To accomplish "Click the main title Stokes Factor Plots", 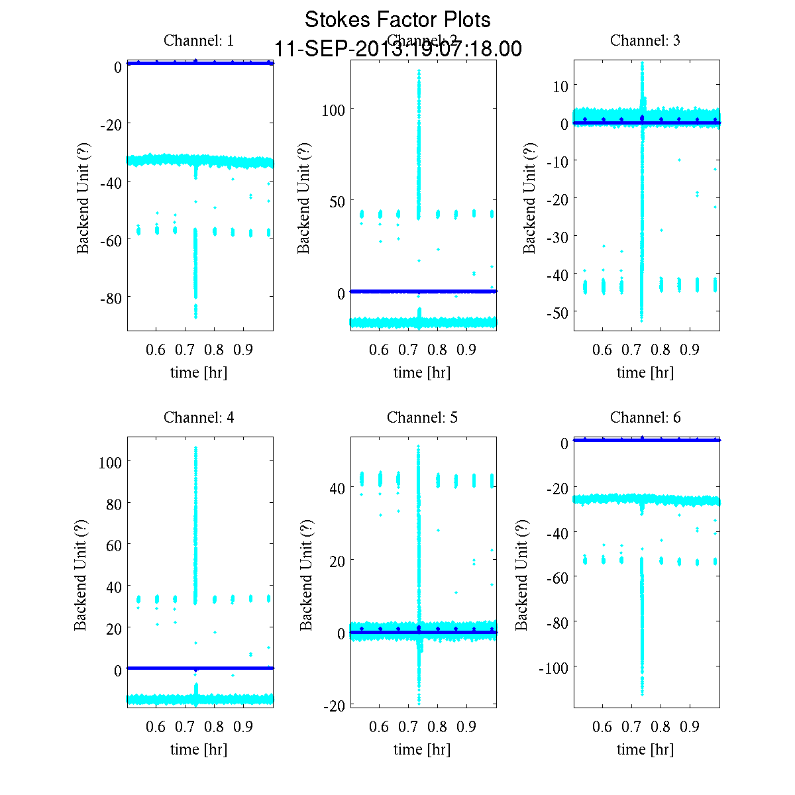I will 397,20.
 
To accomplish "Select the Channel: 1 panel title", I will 199,40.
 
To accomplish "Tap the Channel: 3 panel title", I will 645,40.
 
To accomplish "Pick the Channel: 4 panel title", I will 199,417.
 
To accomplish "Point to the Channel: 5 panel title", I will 422,417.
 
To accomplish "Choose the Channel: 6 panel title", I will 645,417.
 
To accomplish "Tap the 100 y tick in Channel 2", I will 333,109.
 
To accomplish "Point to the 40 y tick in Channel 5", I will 337,488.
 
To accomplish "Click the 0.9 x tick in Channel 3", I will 690,349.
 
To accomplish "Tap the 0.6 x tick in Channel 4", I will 156,727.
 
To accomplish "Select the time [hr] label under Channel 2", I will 422,372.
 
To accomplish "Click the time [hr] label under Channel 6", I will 645,749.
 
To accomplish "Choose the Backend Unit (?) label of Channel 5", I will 306,574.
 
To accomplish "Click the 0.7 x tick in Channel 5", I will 408,727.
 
